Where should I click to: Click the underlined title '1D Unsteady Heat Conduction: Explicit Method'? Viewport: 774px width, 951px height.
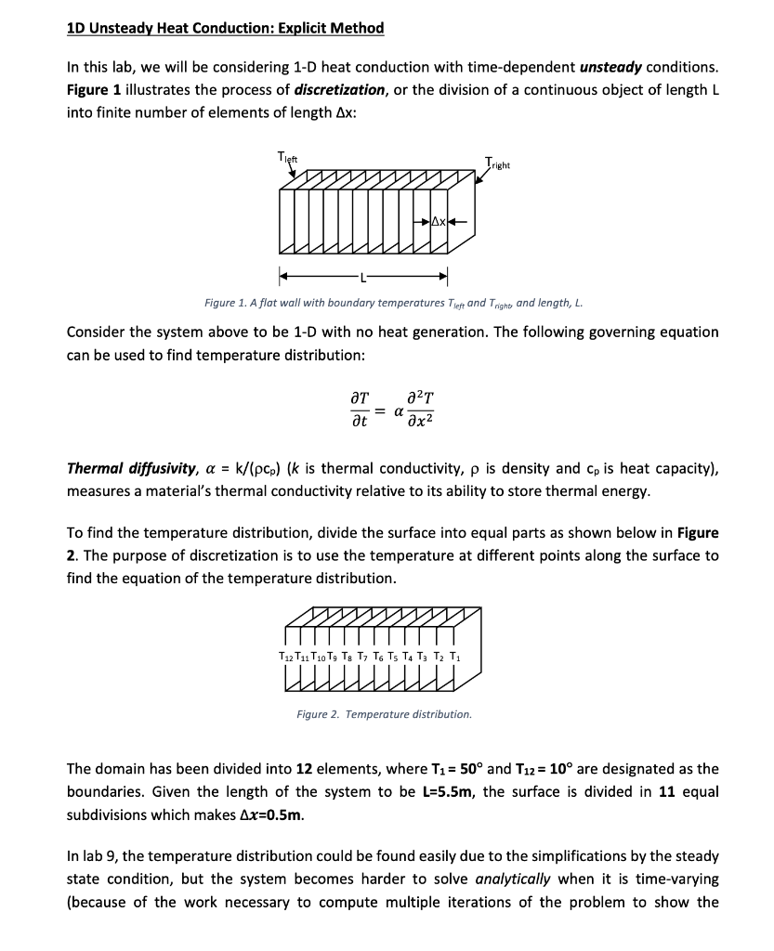point(226,28)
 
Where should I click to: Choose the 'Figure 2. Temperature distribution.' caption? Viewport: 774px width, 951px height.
point(384,714)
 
